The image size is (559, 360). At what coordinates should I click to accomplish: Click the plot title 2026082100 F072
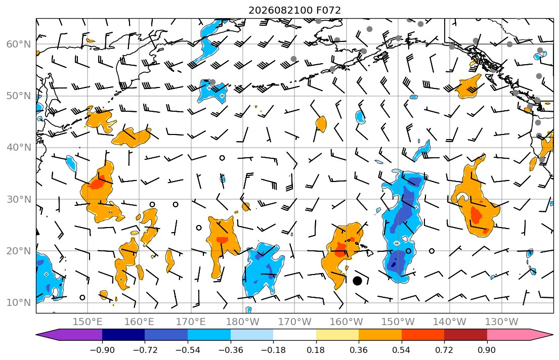(294, 10)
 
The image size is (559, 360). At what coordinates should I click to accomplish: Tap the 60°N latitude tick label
(19, 44)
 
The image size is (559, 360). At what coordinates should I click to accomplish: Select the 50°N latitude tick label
(19, 96)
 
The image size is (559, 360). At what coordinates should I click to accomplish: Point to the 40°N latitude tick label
(19, 148)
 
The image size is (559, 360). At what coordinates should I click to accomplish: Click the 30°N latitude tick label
(19, 199)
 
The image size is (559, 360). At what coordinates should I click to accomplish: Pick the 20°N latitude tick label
(19, 251)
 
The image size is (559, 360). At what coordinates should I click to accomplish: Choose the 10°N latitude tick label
(19, 303)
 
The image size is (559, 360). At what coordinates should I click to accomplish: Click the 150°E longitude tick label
(88, 322)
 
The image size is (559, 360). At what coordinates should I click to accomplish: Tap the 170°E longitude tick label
(191, 322)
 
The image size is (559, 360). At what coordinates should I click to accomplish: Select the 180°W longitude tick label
(243, 322)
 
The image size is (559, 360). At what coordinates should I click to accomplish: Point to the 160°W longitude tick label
(346, 322)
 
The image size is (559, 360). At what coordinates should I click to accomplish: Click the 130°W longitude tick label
(502, 322)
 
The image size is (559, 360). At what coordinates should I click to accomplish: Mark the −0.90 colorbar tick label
(102, 350)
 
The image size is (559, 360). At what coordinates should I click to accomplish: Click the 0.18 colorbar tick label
(316, 350)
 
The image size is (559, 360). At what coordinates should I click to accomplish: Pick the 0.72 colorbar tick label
(444, 350)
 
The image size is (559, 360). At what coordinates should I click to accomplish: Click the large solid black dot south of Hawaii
(357, 281)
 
